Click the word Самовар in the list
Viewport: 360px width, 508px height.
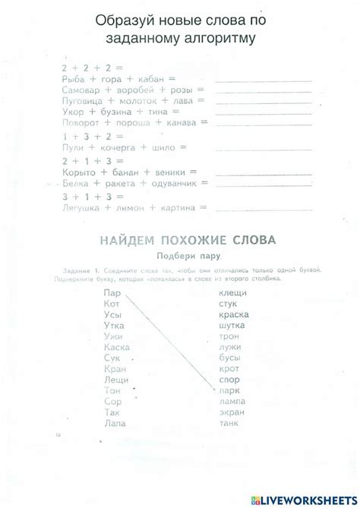pyautogui.click(x=81, y=90)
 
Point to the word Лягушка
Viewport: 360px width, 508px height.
pyautogui.click(x=81, y=207)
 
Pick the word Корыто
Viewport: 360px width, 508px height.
pyautogui.click(x=78, y=173)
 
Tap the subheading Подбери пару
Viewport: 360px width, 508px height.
pyautogui.click(x=187, y=256)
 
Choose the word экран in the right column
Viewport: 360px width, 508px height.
pyautogui.click(x=231, y=412)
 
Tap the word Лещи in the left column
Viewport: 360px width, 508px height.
pyautogui.click(x=115, y=379)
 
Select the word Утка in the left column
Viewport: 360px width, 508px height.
pyautogui.click(x=115, y=325)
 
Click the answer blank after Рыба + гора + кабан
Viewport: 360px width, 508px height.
pyautogui.click(x=263, y=79)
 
